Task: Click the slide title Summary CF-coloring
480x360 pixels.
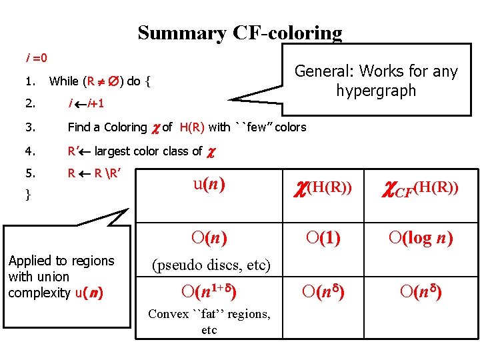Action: point(239,33)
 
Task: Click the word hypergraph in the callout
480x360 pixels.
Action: point(376,90)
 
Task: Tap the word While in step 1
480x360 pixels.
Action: point(63,82)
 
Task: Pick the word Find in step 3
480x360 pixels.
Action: point(79,127)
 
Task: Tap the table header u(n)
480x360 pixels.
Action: point(209,184)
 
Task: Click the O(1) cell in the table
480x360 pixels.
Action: point(323,237)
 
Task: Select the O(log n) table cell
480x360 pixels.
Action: point(419,237)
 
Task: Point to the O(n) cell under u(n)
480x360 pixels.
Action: point(209,237)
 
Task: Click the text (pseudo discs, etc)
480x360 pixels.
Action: point(211,265)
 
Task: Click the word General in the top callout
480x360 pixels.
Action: point(319,71)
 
